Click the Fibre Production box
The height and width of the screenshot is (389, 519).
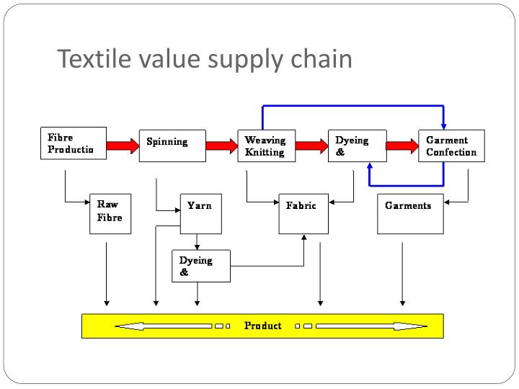click(x=72, y=143)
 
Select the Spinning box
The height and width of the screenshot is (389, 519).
click(x=172, y=146)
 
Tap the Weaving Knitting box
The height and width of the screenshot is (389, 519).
click(x=266, y=146)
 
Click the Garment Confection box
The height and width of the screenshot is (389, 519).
click(x=451, y=146)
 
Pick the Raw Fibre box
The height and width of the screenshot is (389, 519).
click(x=110, y=213)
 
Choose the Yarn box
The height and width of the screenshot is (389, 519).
click(x=200, y=213)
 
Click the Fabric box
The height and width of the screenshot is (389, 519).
click(x=302, y=213)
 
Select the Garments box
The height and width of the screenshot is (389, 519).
click(x=410, y=213)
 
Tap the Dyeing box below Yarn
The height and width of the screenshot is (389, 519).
click(x=201, y=266)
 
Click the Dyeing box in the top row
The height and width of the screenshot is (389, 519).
click(x=357, y=146)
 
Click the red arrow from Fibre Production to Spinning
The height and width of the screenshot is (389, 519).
click(x=122, y=146)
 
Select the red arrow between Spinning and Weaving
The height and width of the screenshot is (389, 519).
click(x=221, y=146)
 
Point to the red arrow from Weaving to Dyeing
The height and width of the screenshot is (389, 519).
click(x=311, y=146)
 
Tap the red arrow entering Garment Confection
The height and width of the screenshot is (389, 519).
click(x=402, y=146)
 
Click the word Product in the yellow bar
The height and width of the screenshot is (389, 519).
click(x=262, y=326)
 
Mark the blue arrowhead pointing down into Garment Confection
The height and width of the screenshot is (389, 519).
click(x=443, y=125)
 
